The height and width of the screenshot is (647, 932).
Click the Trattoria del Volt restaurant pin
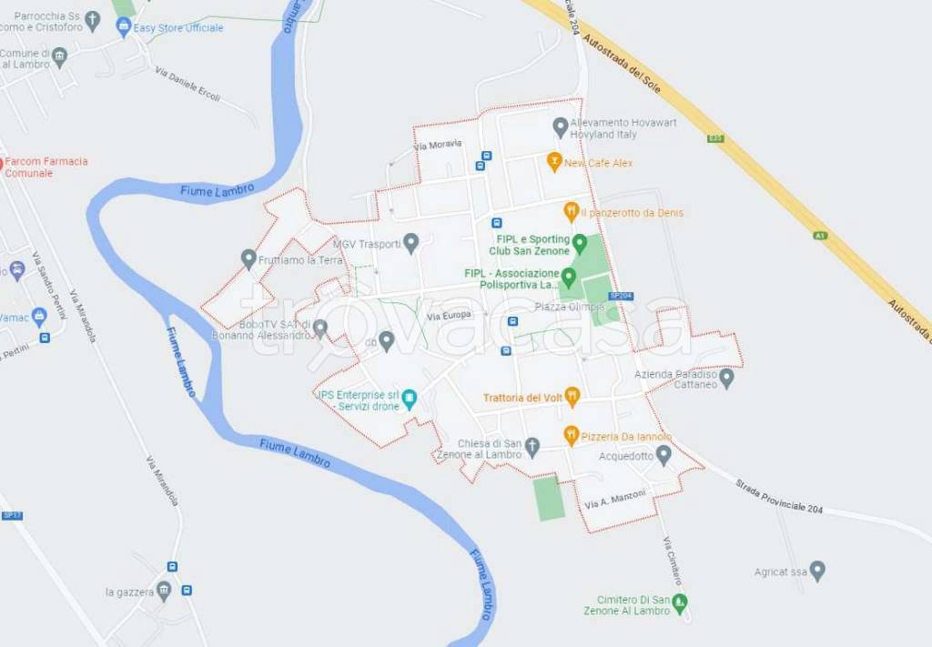click(x=572, y=397)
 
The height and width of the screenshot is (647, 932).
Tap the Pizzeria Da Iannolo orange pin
click(x=571, y=436)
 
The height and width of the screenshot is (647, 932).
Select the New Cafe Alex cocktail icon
click(x=552, y=162)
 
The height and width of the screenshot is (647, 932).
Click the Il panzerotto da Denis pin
click(x=571, y=212)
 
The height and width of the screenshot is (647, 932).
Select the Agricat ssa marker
click(x=817, y=571)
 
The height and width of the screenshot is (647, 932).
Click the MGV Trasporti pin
click(x=411, y=243)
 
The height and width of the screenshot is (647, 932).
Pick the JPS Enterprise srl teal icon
click(x=410, y=399)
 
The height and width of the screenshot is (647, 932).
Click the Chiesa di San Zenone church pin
click(x=534, y=447)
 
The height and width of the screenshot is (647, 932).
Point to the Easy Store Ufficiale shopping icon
click(x=123, y=27)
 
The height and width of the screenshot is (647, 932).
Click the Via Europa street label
click(x=449, y=315)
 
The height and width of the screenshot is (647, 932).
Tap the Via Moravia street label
click(x=438, y=145)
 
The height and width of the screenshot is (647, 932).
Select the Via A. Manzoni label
click(x=615, y=499)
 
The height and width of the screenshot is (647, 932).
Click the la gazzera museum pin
click(x=164, y=592)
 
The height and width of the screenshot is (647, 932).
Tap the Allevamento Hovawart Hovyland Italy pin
click(x=561, y=127)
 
